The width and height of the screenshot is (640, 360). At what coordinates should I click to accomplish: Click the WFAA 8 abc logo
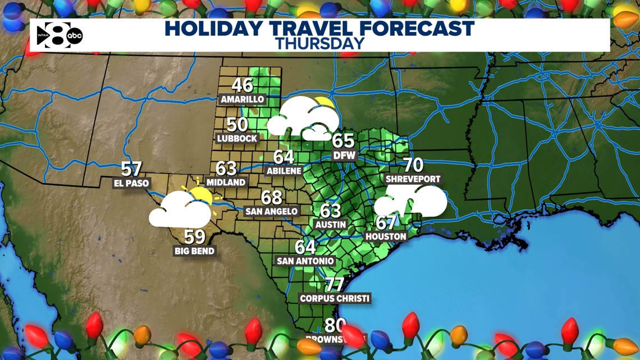[59, 35]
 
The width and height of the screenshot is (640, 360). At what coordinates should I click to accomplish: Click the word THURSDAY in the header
[320, 43]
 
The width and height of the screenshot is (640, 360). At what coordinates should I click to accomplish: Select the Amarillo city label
[242, 99]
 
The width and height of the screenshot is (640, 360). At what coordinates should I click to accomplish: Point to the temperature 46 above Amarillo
[242, 85]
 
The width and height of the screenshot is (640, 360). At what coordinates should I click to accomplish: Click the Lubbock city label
[237, 138]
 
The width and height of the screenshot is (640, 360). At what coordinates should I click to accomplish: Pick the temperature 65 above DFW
[343, 140]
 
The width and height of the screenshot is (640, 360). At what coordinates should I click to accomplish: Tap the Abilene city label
[284, 170]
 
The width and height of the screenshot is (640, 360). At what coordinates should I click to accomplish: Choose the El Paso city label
[131, 183]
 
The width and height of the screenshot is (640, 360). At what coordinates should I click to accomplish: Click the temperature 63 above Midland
[226, 168]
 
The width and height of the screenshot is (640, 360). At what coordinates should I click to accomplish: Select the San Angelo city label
[271, 211]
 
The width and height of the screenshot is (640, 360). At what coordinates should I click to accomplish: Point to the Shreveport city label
[413, 179]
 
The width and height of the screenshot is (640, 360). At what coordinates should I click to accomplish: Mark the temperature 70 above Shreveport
[413, 165]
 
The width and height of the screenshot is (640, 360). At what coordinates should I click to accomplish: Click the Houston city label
[386, 236]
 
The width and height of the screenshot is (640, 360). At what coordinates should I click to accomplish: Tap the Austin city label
[331, 224]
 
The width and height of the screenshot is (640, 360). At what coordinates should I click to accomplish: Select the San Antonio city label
[305, 261]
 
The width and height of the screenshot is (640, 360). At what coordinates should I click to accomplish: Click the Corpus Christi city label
[335, 298]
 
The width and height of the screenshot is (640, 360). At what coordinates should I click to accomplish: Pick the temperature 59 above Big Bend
[194, 237]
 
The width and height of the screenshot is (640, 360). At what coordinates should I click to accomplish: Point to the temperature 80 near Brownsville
[335, 325]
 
